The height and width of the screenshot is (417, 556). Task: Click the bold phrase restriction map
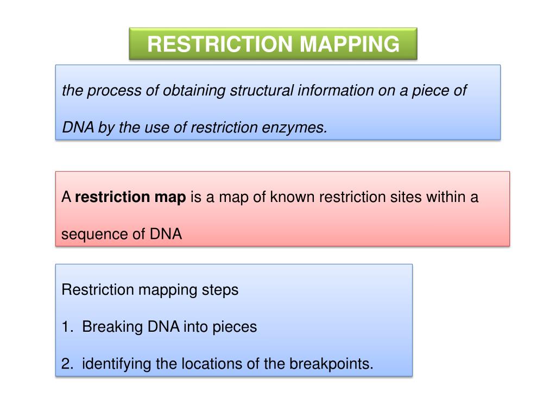(x=130, y=197)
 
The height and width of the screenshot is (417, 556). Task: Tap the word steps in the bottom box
(x=220, y=290)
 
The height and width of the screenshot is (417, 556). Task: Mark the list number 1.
(x=66, y=327)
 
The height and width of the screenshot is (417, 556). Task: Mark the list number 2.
(x=66, y=364)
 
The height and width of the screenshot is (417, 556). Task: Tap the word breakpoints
(x=331, y=364)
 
